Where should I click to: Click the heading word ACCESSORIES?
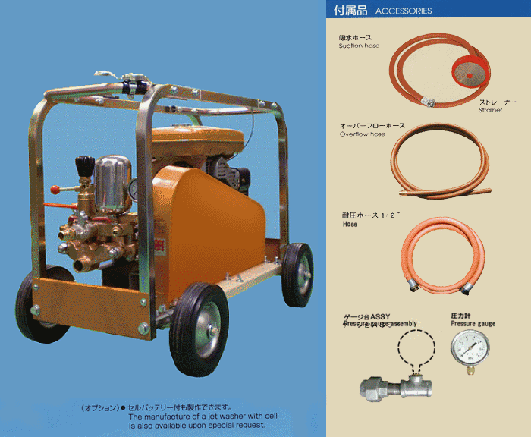click(404, 11)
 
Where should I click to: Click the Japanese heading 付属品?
click(350, 11)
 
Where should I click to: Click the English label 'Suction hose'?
click(359, 46)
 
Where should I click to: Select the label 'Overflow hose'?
click(362, 134)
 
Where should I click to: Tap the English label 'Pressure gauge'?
click(473, 324)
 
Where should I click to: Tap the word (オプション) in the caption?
click(100, 407)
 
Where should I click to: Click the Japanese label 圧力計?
click(462, 315)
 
